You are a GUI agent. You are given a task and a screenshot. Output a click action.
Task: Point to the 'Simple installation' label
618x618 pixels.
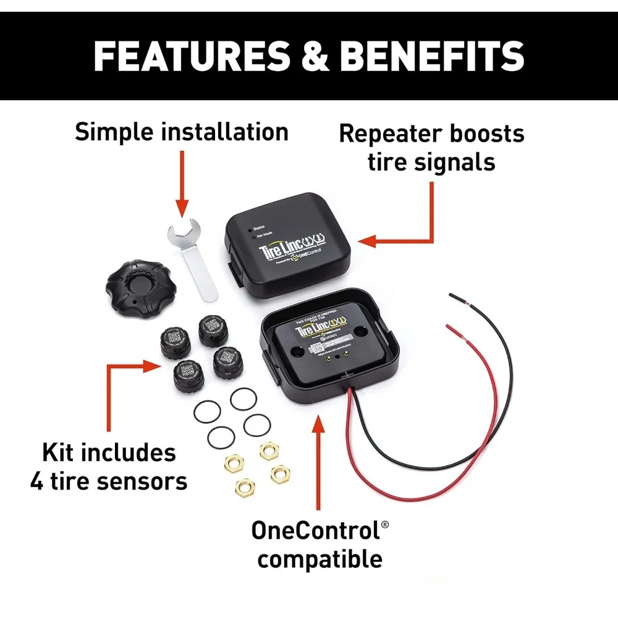point(182,132)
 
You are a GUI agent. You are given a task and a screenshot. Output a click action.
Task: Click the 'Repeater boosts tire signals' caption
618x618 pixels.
point(431,148)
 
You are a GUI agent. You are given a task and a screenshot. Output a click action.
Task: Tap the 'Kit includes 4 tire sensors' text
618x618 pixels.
point(109,467)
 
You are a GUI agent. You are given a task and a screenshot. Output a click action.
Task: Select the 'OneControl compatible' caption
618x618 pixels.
point(320,544)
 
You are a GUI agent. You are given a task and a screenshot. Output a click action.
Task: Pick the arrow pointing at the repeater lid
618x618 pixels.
point(396,238)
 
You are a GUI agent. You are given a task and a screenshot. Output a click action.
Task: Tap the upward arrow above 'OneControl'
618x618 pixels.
point(319,457)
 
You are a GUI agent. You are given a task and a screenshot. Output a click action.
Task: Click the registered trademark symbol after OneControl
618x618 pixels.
point(385,525)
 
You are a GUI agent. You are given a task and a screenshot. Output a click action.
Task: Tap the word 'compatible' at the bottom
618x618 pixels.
point(320,559)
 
